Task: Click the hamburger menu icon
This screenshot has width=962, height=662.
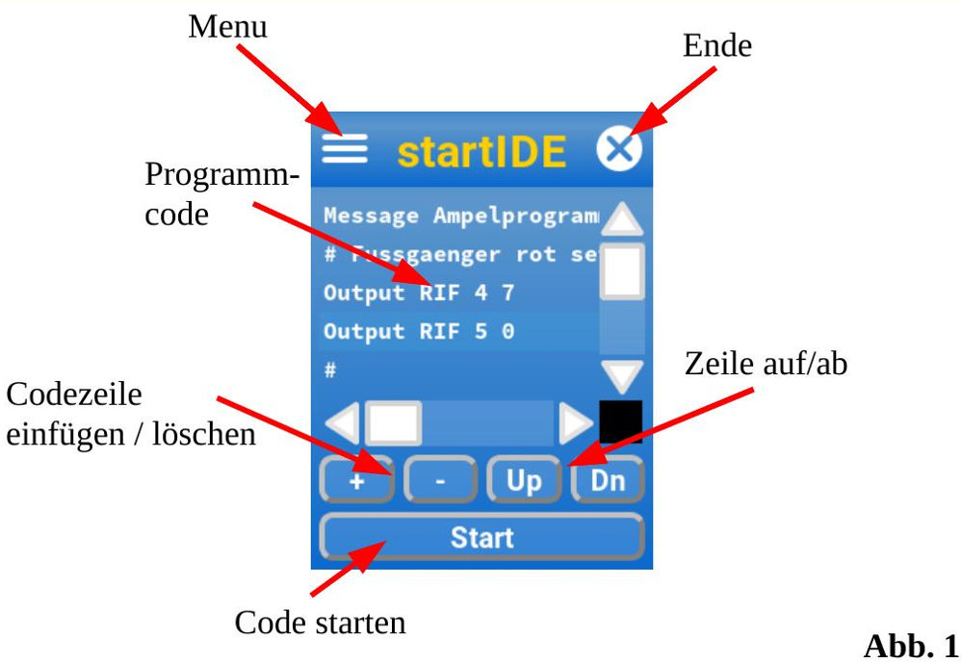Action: tap(344, 148)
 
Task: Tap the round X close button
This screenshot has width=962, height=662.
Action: tap(619, 149)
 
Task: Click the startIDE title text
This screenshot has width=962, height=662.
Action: tap(481, 151)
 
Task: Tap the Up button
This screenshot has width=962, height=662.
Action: tap(524, 479)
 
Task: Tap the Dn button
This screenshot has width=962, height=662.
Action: tap(608, 479)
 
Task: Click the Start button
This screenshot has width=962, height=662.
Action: tap(481, 537)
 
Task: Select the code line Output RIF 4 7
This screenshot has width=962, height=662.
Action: tap(419, 293)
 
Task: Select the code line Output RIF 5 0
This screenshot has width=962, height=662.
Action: tap(419, 332)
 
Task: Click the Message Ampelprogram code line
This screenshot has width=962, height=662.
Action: tap(459, 216)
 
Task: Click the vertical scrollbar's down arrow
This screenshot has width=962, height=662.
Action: tap(621, 374)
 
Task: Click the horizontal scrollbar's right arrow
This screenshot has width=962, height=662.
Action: tap(577, 421)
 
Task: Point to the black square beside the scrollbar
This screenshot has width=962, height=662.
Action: tap(620, 421)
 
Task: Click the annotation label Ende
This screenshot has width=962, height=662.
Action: tap(716, 44)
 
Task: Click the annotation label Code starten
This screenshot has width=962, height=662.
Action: tap(320, 623)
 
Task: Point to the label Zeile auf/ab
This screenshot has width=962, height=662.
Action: tap(767, 364)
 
